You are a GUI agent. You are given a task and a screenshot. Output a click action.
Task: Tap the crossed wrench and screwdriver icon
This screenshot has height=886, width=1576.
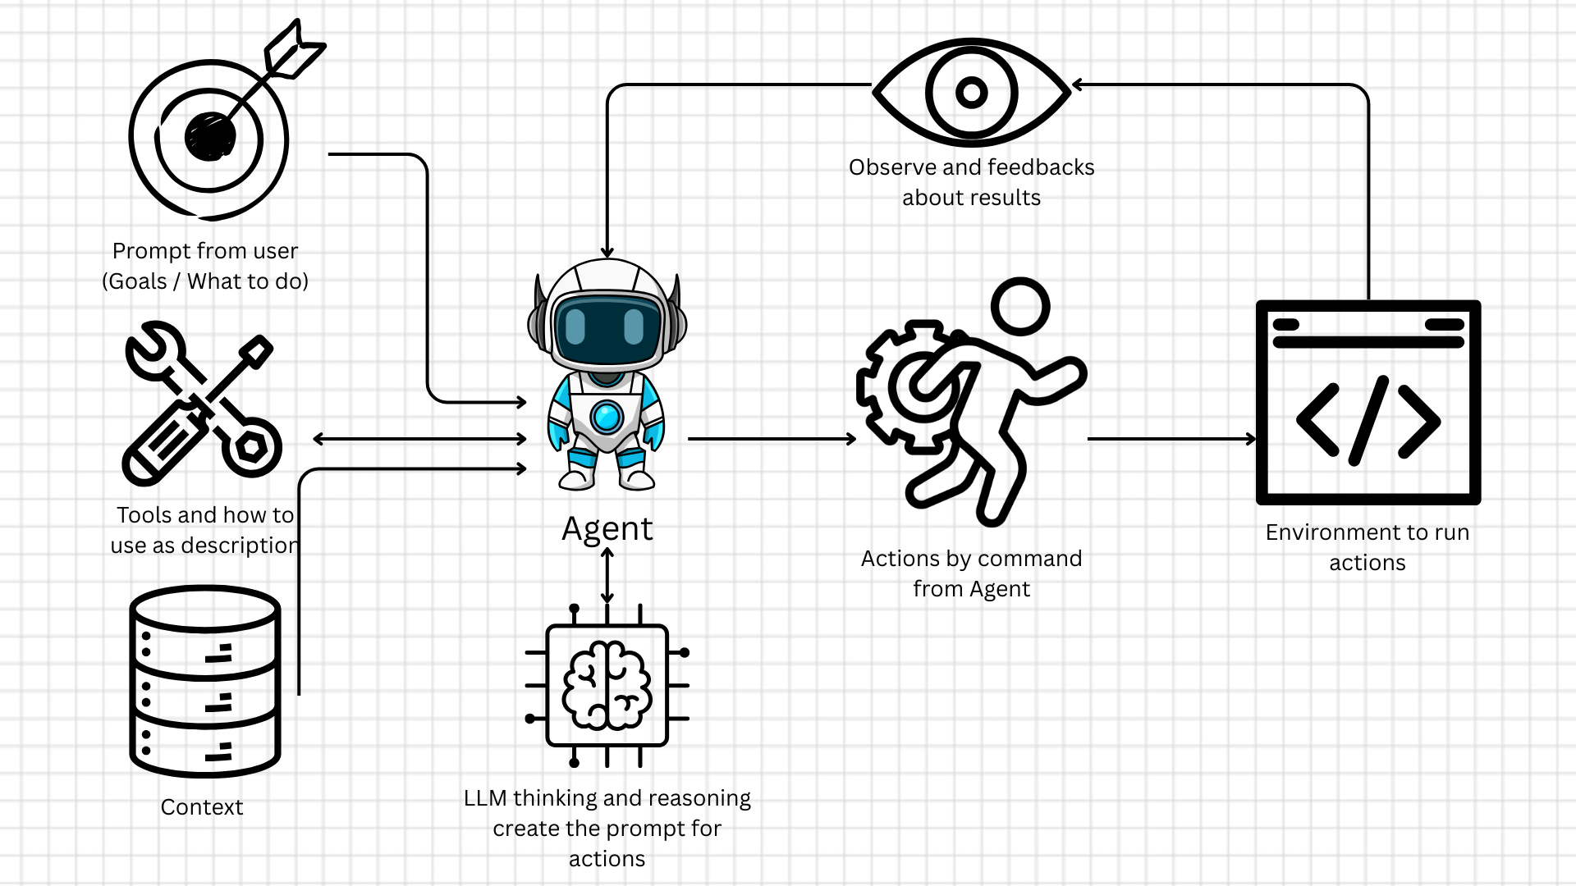pos(202,402)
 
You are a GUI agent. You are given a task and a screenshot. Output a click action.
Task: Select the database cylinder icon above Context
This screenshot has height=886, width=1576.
pos(205,681)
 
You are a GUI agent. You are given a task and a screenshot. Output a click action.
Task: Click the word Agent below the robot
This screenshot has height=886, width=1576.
pos(607,529)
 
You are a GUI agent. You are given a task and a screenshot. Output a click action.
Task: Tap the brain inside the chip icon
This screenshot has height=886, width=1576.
pos(607,686)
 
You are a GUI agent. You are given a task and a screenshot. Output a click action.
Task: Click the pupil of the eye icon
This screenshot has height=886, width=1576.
pos(972,92)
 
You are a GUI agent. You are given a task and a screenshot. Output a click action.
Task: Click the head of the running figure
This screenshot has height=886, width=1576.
pos(1020,307)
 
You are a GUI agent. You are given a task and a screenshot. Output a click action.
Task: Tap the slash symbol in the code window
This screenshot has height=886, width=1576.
pos(1368,421)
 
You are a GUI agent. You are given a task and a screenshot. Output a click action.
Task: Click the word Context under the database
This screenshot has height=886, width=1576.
pos(202,807)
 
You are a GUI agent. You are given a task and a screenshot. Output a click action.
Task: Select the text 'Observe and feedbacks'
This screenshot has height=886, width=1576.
pos(971,167)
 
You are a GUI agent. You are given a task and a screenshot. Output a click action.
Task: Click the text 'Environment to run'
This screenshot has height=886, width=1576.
pos(1367,532)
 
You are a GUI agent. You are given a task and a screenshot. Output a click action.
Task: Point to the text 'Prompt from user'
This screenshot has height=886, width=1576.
pos(205,251)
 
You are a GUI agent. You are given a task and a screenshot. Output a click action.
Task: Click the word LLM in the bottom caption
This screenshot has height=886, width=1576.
pos(484,798)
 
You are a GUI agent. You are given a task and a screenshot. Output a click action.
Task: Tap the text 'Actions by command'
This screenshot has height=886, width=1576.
pos(971,559)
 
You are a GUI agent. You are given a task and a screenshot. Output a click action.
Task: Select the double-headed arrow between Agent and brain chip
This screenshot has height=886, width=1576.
pos(607,576)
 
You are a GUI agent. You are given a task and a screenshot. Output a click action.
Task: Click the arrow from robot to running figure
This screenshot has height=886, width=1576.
pos(772,439)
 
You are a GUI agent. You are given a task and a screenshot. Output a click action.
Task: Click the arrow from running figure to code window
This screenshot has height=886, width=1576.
pos(1171,439)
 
